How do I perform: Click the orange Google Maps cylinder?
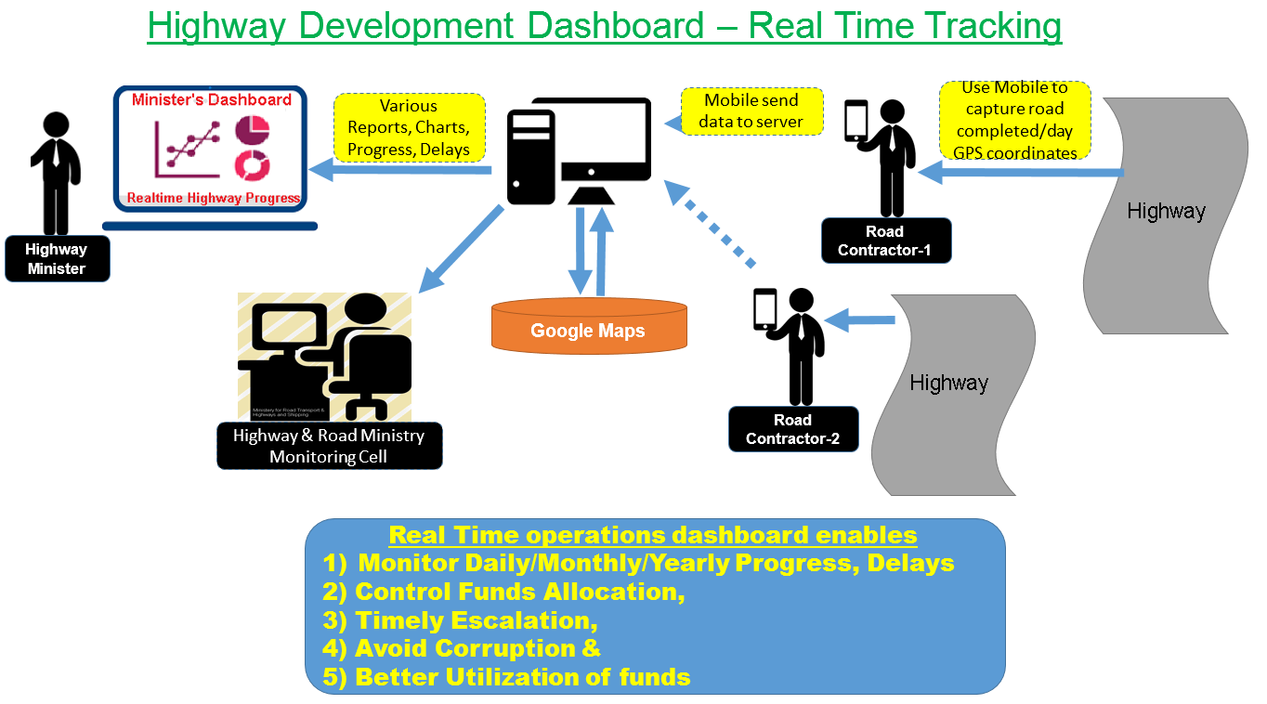click(588, 329)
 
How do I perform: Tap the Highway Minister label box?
click(57, 259)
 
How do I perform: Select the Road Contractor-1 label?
click(884, 241)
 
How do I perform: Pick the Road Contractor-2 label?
click(793, 429)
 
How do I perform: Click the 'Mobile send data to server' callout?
click(752, 111)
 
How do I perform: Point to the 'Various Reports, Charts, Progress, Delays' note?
click(409, 127)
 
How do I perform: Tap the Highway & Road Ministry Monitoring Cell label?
click(329, 446)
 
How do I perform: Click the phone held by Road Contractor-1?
click(856, 121)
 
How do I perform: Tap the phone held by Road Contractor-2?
click(764, 309)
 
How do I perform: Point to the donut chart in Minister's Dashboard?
click(252, 164)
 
